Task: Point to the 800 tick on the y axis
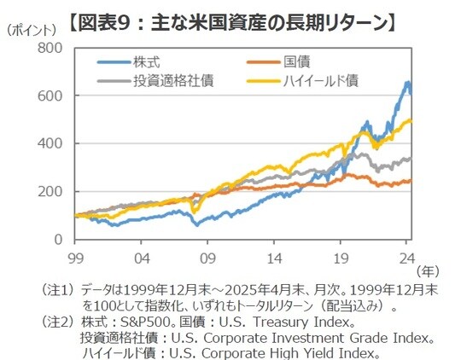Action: point(50,48)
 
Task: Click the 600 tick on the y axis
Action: point(50,96)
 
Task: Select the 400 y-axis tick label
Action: point(50,143)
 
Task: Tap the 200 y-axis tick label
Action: point(50,191)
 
